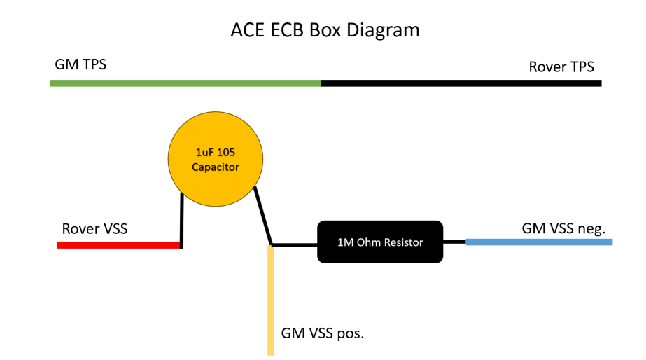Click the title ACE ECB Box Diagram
pos(325,30)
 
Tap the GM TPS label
pos(80,65)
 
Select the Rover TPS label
pos(561,67)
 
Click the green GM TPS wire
pos(185,83)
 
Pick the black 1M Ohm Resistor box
pos(380,242)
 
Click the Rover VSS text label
pos(94,229)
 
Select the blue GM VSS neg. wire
pos(539,242)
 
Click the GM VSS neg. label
pos(563,228)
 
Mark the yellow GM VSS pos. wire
pos(271,301)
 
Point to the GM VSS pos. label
pos(323,333)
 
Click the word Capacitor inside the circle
pos(216,168)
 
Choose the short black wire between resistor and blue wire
pos(454,242)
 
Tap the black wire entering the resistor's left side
pos(295,245)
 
